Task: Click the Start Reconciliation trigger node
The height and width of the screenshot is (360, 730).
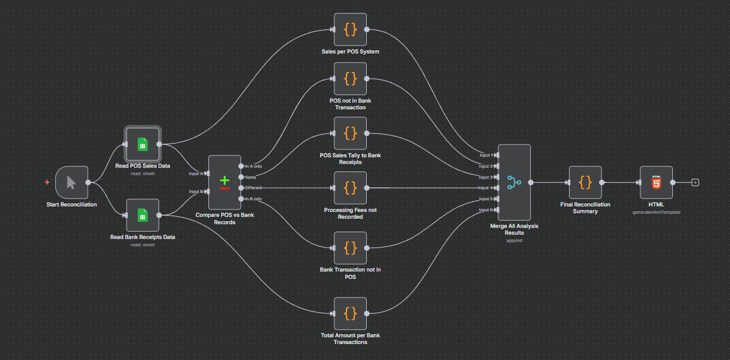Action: [x=71, y=182]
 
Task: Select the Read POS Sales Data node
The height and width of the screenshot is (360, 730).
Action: [x=143, y=144]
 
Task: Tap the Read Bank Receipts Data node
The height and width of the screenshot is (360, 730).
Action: [x=143, y=215]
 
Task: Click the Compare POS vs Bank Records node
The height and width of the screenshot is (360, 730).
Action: [x=224, y=182]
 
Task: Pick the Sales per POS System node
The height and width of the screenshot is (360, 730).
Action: [x=350, y=29]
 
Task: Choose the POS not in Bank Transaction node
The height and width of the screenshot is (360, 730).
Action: [x=350, y=79]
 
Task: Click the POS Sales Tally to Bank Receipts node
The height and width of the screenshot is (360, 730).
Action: [x=350, y=133]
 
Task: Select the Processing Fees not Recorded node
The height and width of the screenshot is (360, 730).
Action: [x=350, y=187]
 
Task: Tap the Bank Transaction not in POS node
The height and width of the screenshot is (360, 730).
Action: [x=350, y=248]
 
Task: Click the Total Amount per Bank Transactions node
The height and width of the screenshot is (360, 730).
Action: [x=350, y=313]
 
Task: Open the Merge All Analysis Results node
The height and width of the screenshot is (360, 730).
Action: [x=514, y=182]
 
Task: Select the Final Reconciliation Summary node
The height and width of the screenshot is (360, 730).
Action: [x=585, y=182]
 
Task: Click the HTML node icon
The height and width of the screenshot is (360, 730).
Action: [x=656, y=182]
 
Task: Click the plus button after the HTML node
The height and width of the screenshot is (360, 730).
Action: [x=695, y=182]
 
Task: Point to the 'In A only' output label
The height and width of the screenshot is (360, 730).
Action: [x=254, y=166]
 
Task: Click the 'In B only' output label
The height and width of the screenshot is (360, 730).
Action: [x=254, y=198]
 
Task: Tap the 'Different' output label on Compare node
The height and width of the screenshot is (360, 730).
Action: [x=254, y=187]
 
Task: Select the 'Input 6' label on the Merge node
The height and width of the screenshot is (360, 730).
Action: [x=485, y=210]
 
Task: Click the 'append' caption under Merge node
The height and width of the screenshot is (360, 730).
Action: [x=514, y=240]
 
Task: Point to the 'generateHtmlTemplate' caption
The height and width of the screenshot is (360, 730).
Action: [x=656, y=212]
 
